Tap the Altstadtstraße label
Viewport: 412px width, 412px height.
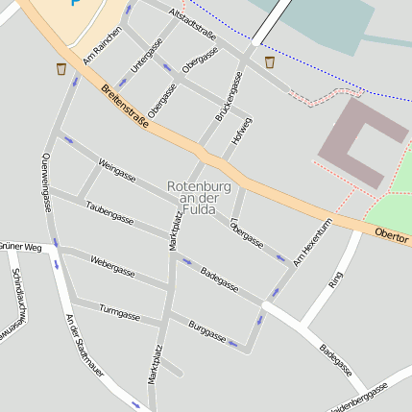[x=191, y=24]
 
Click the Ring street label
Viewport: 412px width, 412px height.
[x=335, y=279]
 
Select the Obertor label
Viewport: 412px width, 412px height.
[x=392, y=233]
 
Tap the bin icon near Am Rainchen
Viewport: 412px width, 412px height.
[x=61, y=68]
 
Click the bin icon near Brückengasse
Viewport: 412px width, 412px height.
[x=270, y=61]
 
